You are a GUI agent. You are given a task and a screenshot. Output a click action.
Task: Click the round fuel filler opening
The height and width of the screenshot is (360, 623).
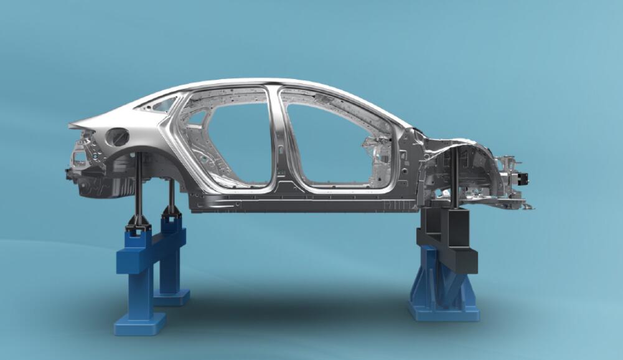[x=118, y=136]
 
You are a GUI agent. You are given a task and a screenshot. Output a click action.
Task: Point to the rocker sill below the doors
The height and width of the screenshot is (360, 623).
[x=299, y=202]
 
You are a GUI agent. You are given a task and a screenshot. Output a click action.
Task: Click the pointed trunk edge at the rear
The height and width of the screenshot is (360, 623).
[x=72, y=126]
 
